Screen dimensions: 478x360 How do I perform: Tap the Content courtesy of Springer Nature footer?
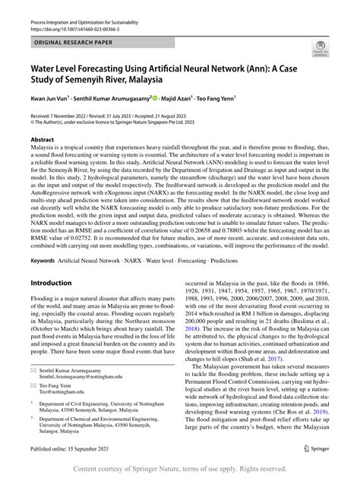coord(180,470)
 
